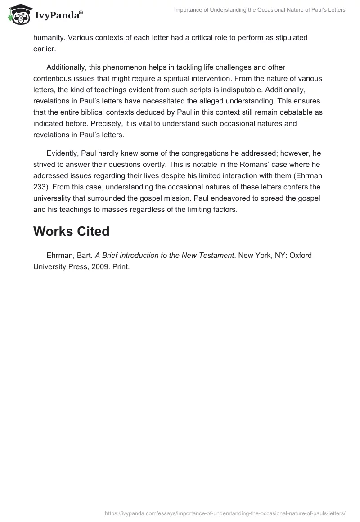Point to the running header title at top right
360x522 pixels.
pyautogui.click(x=260, y=10)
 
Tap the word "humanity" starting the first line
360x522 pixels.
pyautogui.click(x=49, y=38)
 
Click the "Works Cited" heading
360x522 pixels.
pyautogui.click(x=72, y=231)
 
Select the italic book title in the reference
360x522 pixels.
pyautogui.click(x=165, y=256)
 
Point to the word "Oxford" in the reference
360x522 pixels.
pyautogui.click(x=301, y=256)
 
